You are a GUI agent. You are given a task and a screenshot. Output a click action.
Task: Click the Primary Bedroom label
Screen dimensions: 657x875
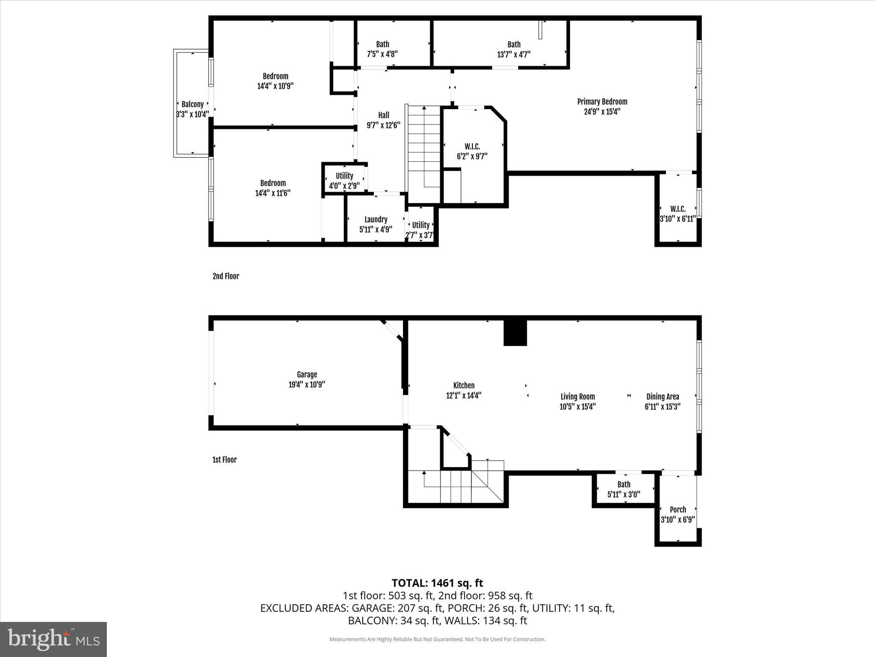[x=602, y=102]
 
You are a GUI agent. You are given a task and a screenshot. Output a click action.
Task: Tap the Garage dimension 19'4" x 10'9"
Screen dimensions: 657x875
[x=307, y=385]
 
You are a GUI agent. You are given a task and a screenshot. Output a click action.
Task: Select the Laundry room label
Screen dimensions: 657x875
[x=376, y=219]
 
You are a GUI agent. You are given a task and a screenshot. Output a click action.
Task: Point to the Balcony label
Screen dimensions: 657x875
[x=192, y=104]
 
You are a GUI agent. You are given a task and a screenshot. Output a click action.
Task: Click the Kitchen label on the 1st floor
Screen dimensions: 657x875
[x=464, y=385]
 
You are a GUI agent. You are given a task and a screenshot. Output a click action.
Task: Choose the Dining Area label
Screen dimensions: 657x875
[x=662, y=397]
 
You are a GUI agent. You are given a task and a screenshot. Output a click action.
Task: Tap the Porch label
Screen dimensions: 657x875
[x=678, y=509]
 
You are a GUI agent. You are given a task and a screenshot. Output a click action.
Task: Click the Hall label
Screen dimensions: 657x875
[x=383, y=115]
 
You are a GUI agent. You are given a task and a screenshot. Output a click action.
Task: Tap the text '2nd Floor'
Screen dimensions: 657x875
[x=226, y=276]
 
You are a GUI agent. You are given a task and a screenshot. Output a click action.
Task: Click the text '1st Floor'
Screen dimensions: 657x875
[x=224, y=460]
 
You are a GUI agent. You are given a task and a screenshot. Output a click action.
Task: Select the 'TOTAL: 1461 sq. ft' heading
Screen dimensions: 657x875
[x=437, y=583]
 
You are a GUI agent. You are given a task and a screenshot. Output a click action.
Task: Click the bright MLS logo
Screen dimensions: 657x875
[x=53, y=639]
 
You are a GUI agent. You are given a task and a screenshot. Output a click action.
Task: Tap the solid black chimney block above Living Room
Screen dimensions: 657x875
[x=515, y=333]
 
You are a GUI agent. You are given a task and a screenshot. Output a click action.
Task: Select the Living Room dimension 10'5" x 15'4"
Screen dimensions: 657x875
[x=578, y=407]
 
